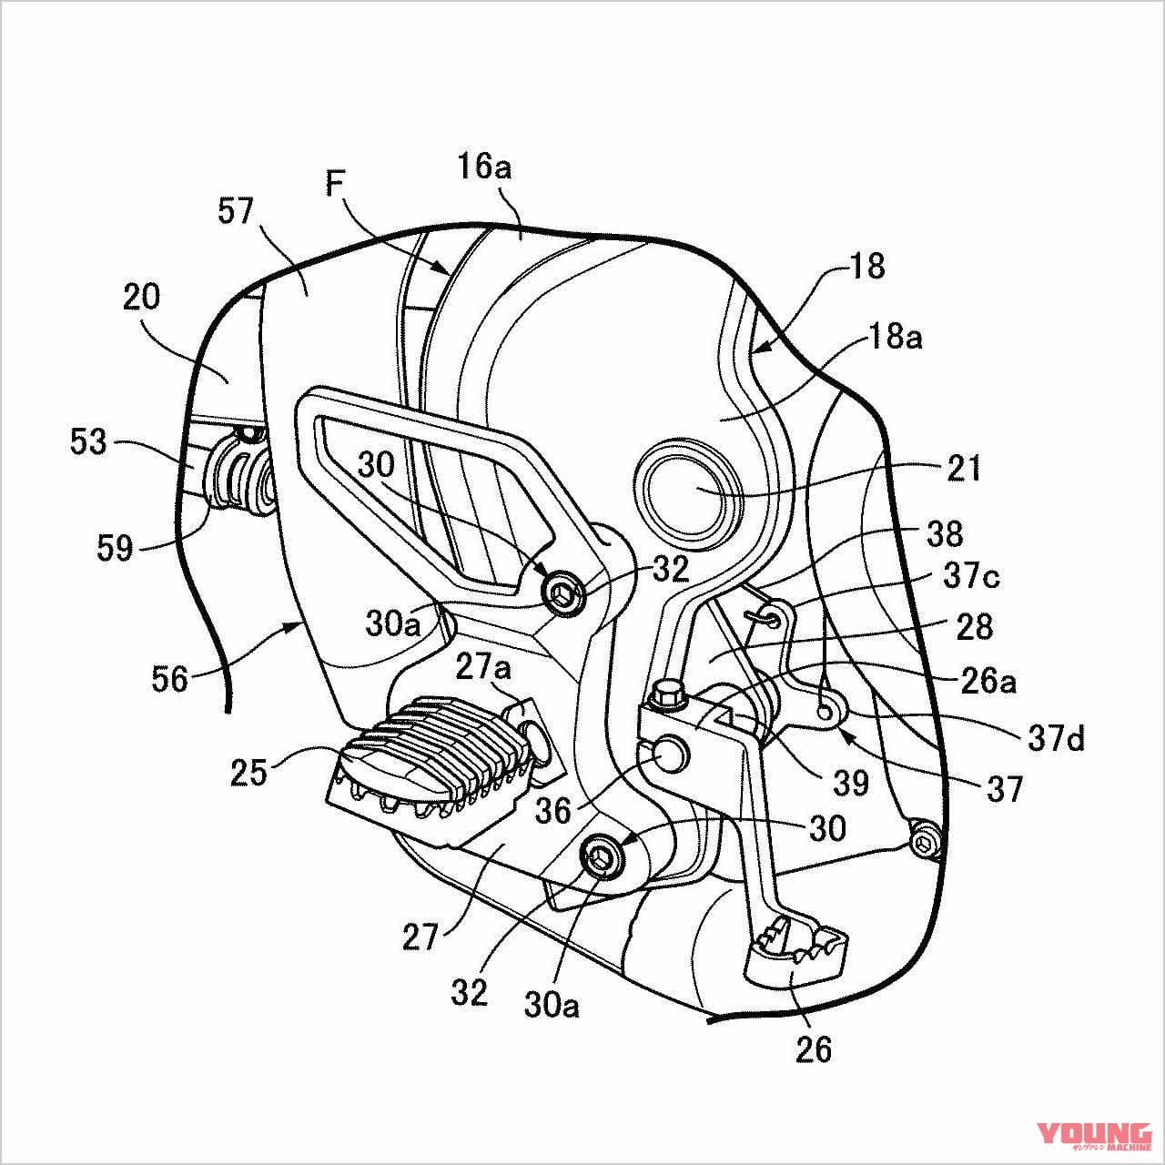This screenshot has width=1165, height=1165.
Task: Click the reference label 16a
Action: (x=485, y=167)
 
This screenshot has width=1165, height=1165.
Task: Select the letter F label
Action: (x=336, y=186)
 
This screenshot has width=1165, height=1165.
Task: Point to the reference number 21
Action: (x=964, y=468)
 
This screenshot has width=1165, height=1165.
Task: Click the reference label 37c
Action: (x=971, y=577)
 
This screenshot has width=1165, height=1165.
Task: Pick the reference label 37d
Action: (x=1057, y=739)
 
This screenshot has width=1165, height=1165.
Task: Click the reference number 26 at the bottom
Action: (x=813, y=1049)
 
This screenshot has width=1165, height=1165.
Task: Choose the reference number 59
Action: (x=114, y=549)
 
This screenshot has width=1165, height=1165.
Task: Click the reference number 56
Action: (x=169, y=679)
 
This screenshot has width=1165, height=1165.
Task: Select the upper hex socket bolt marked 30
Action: (x=561, y=594)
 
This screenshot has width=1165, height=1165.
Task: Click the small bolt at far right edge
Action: (x=926, y=838)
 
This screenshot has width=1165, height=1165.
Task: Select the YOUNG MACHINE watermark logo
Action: (x=1093, y=1135)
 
